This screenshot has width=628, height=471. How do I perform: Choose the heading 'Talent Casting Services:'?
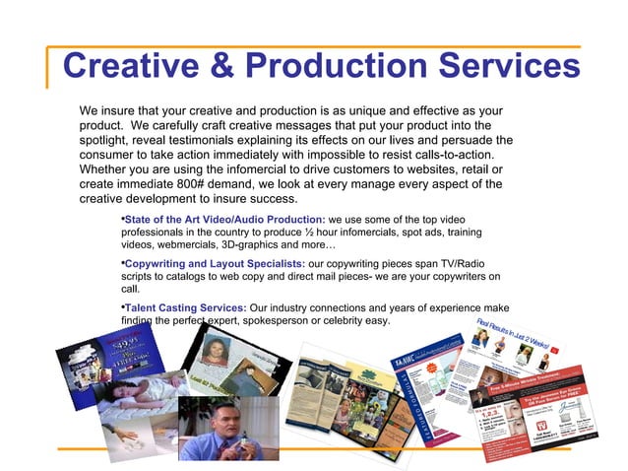tap(184, 307)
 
